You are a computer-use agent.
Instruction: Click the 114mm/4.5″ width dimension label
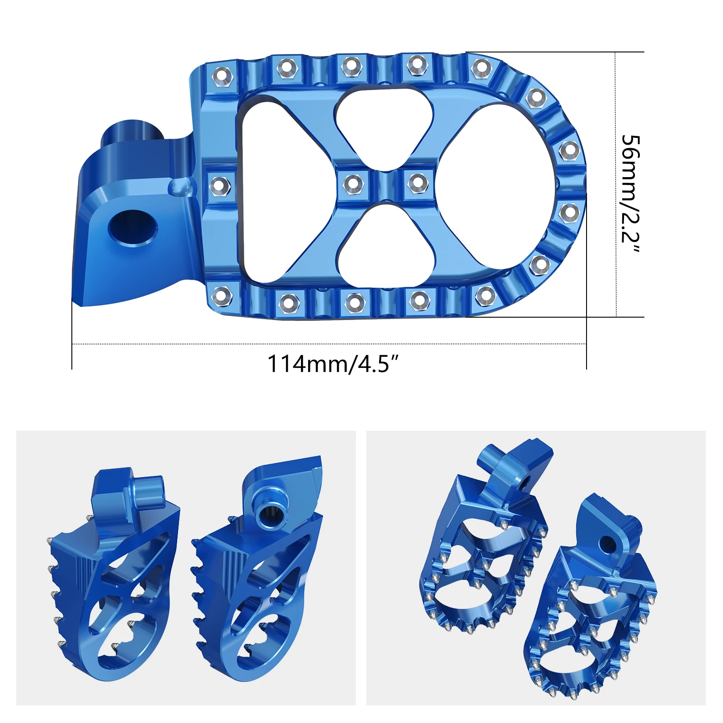pyautogui.click(x=333, y=363)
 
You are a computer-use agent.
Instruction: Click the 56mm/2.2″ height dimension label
pyautogui.click(x=630, y=194)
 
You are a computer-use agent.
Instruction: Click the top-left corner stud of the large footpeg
pyautogui.click(x=222, y=74)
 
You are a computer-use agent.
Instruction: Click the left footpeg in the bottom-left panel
pyautogui.click(x=113, y=574)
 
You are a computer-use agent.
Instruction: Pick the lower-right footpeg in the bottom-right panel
pyautogui.click(x=592, y=610)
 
